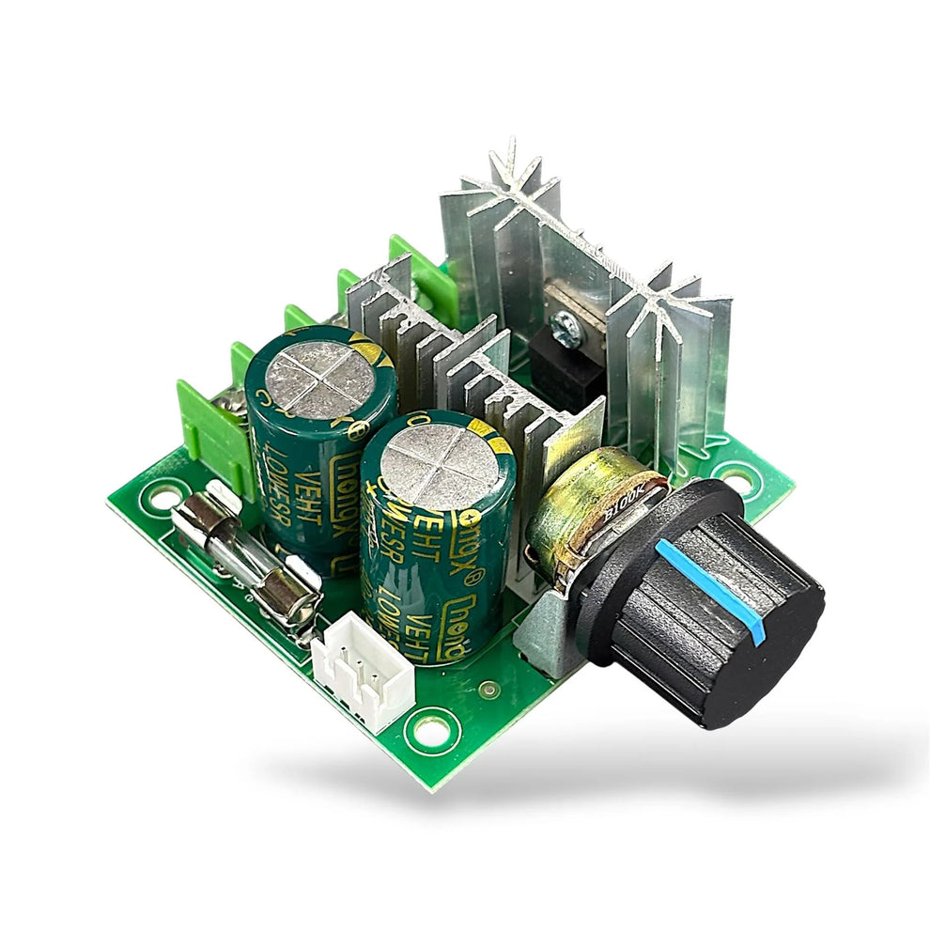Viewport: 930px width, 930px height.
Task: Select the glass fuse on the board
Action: click(x=246, y=554)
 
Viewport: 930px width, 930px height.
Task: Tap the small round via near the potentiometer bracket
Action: click(x=486, y=690)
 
